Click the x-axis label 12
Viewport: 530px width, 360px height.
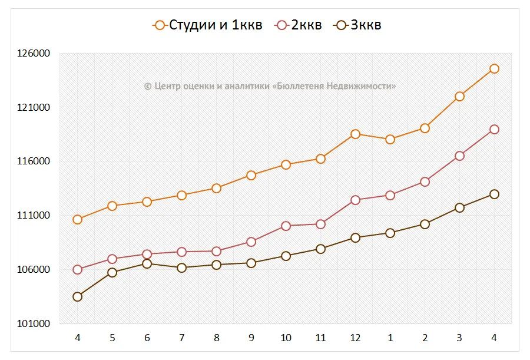(x=355, y=338)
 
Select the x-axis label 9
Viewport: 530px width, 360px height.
(x=251, y=338)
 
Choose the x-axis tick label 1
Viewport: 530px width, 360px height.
(x=390, y=338)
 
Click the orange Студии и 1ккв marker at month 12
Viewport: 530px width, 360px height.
(x=355, y=134)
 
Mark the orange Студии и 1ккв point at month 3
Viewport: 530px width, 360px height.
(x=459, y=96)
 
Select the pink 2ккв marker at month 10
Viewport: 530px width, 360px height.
(x=286, y=226)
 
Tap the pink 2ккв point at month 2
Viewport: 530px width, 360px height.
(x=425, y=181)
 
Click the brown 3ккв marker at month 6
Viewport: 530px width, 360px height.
(x=147, y=263)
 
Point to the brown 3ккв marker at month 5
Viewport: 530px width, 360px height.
(x=112, y=272)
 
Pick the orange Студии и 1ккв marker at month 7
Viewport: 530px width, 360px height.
(x=181, y=195)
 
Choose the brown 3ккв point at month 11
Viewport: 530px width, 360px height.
(x=320, y=249)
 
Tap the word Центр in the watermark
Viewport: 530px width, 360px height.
(x=168, y=86)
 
